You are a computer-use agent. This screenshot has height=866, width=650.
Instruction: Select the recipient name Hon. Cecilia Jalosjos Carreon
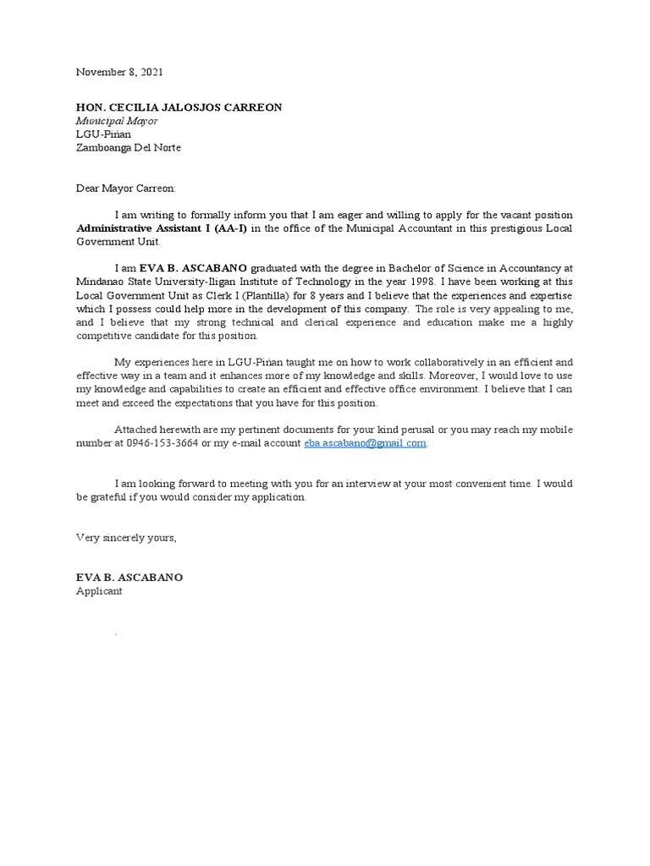coord(179,107)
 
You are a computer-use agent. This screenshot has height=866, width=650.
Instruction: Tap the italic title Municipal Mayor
coord(117,121)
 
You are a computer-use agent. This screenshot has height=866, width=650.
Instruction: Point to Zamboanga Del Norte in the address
coord(129,147)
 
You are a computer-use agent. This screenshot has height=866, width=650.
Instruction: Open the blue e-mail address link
coord(365,443)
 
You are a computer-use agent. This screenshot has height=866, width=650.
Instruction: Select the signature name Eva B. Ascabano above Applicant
coord(129,578)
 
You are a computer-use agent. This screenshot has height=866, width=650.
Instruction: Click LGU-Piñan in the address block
coord(104,134)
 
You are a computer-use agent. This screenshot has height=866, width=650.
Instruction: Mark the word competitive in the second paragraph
coord(106,336)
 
